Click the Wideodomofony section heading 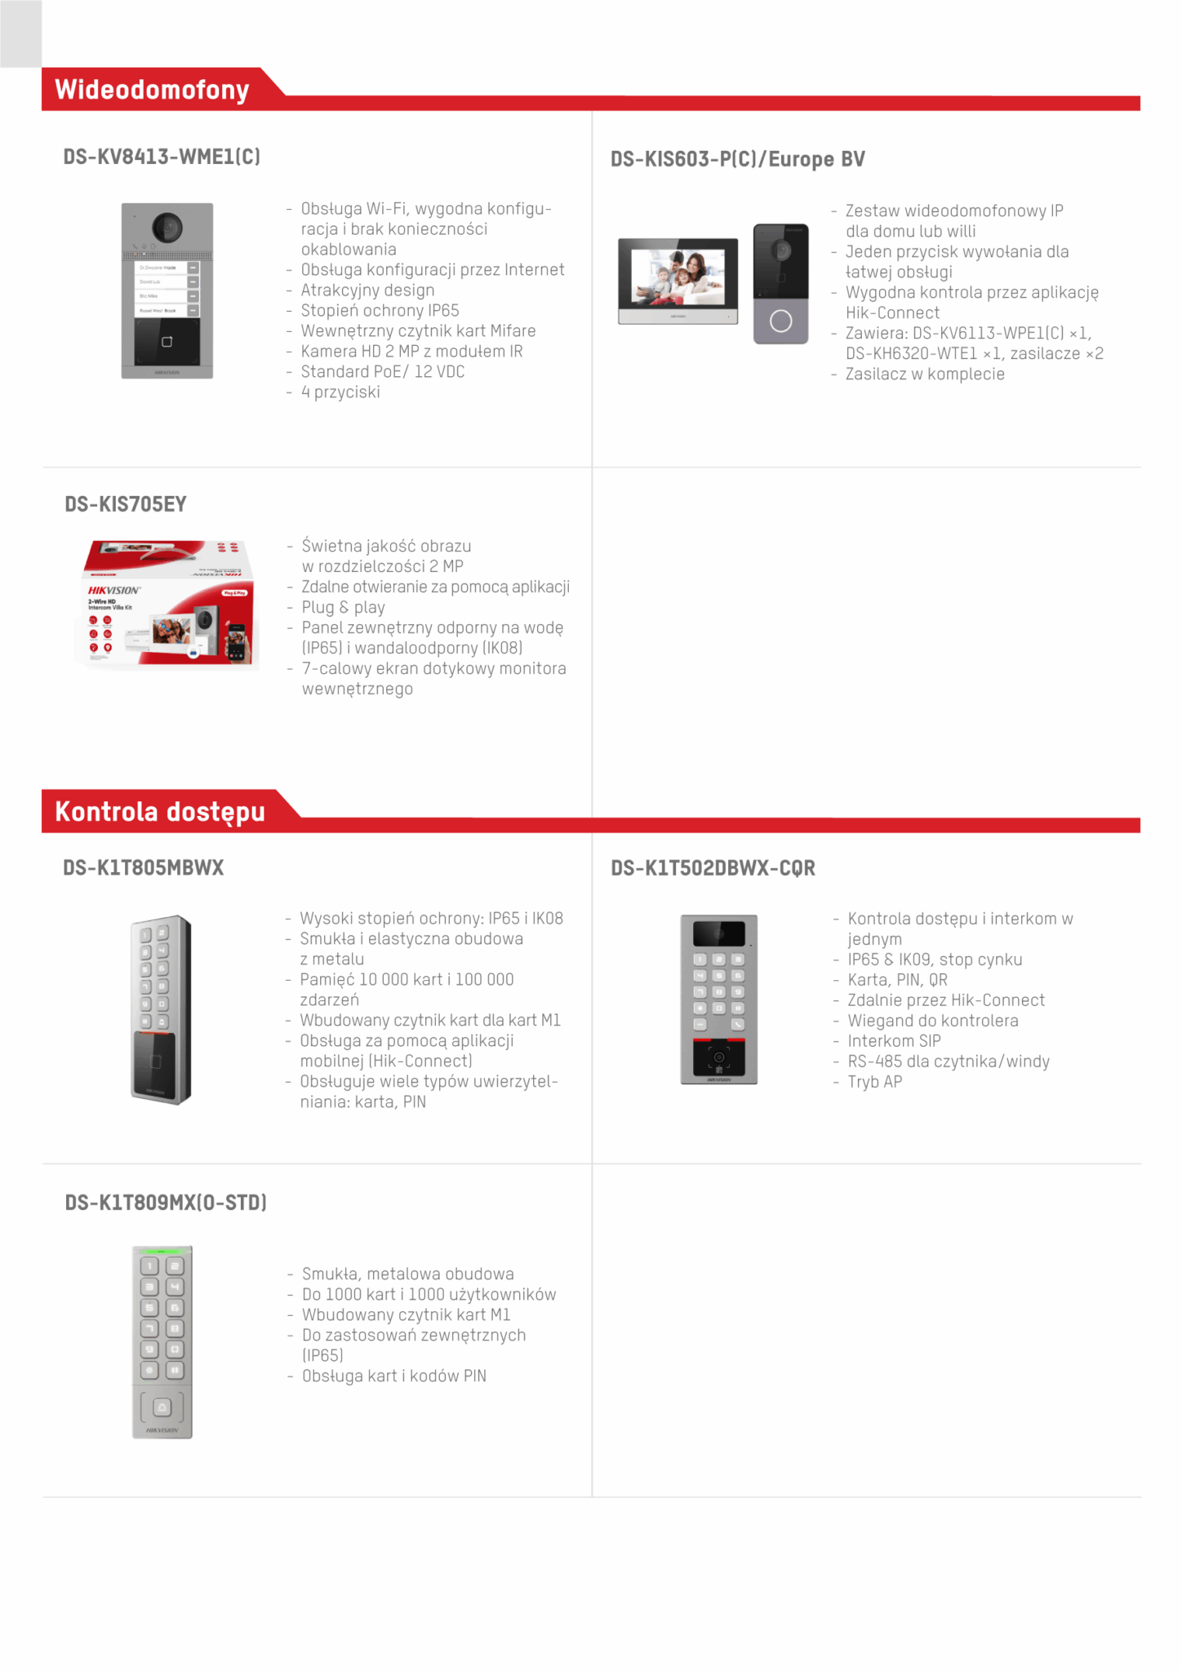click(152, 89)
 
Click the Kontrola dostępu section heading click(160, 811)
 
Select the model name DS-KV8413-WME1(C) click(162, 157)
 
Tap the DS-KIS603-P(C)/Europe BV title click(737, 159)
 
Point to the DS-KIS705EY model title click(126, 504)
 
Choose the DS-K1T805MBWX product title click(144, 867)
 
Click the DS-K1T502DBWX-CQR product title click(713, 868)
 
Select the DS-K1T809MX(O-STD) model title click(166, 1203)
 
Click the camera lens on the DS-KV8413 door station click(167, 227)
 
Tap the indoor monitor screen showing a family click(678, 276)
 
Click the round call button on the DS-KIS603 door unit click(781, 321)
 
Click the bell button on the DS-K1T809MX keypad click(162, 1407)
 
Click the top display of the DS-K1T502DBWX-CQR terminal click(719, 933)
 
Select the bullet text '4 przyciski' click(340, 392)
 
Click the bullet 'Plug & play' click(343, 608)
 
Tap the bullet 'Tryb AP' click(874, 1082)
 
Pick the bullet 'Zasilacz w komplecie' click(925, 375)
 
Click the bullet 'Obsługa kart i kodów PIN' click(393, 1376)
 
